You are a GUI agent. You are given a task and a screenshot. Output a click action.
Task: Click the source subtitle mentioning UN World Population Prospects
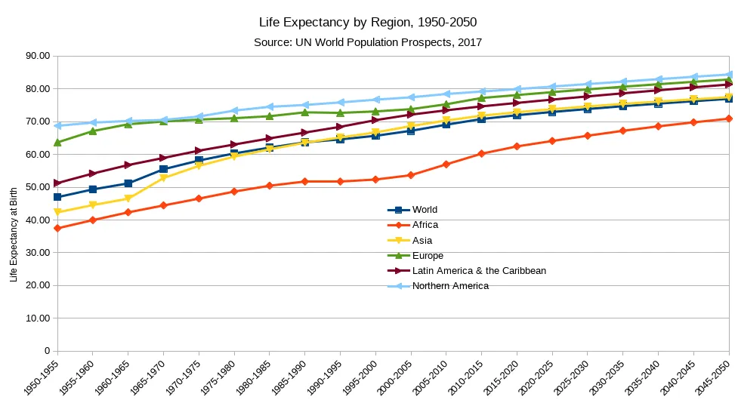pyautogui.click(x=368, y=42)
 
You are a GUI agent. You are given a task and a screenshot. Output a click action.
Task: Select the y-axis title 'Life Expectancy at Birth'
pyautogui.click(x=14, y=234)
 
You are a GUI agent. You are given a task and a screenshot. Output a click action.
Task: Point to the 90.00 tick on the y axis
pyautogui.click(x=37, y=56)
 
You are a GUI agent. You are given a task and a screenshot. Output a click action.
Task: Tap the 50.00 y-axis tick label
pyautogui.click(x=37, y=187)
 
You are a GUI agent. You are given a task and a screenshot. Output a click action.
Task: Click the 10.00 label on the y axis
pyautogui.click(x=37, y=318)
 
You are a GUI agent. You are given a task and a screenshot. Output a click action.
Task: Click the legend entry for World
pyautogui.click(x=425, y=210)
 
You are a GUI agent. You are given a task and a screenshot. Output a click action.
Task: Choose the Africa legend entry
pyautogui.click(x=425, y=225)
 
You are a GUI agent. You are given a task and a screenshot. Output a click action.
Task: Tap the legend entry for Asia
pyautogui.click(x=422, y=240)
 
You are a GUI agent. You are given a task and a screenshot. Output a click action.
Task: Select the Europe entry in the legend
pyautogui.click(x=428, y=255)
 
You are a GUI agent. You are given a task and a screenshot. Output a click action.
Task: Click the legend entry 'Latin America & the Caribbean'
pyautogui.click(x=479, y=270)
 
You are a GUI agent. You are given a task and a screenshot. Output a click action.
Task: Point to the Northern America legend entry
pyautogui.click(x=450, y=285)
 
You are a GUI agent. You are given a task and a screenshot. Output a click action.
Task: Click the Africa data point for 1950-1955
pyautogui.click(x=57, y=228)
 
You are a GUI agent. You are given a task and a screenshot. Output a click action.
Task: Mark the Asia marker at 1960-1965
pyautogui.click(x=128, y=198)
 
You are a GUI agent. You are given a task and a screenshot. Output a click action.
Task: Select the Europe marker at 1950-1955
pyautogui.click(x=57, y=142)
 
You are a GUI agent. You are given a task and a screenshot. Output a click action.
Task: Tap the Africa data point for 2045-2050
pyautogui.click(x=728, y=118)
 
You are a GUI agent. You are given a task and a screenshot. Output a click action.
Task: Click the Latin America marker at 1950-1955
pyautogui.click(x=57, y=183)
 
